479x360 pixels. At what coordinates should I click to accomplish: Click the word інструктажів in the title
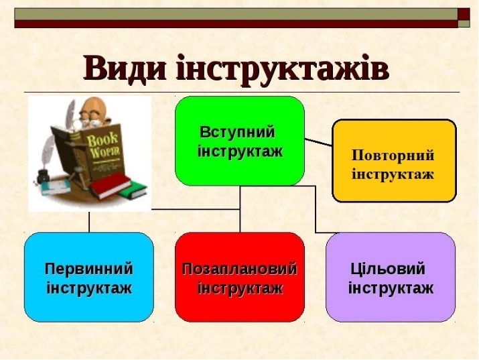(x=282, y=69)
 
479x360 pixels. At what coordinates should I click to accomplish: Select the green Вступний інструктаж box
(x=240, y=141)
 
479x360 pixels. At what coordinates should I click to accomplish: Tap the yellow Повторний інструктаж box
(x=394, y=161)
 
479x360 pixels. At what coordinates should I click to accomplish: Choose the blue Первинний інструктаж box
(x=89, y=278)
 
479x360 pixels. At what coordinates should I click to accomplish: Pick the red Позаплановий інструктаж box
(x=240, y=278)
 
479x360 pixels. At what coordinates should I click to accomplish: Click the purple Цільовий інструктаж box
(x=391, y=278)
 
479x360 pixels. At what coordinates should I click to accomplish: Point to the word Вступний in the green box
(x=237, y=132)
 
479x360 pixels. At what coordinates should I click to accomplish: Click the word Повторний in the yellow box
(x=393, y=155)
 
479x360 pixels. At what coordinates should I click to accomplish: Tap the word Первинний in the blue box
(x=89, y=269)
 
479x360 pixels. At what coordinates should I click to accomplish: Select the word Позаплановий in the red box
(x=240, y=269)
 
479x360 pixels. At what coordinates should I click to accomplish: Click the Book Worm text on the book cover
(x=104, y=143)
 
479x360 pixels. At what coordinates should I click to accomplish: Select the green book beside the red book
(x=133, y=190)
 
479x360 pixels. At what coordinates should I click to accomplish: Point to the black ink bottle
(x=43, y=178)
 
